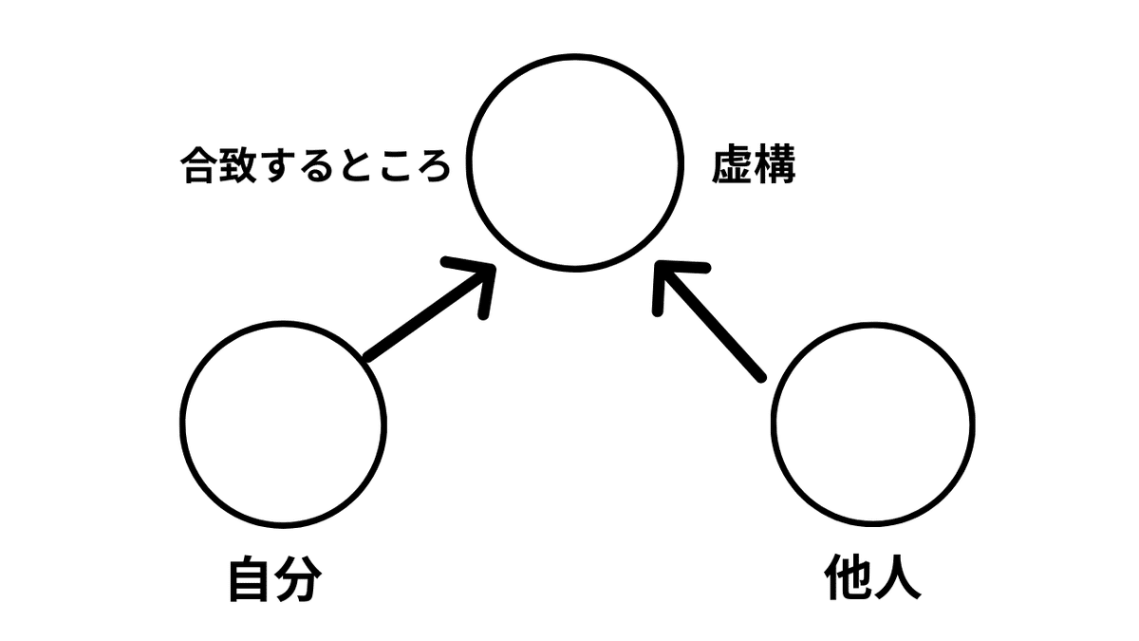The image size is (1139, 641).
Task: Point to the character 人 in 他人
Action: pos(897,577)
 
